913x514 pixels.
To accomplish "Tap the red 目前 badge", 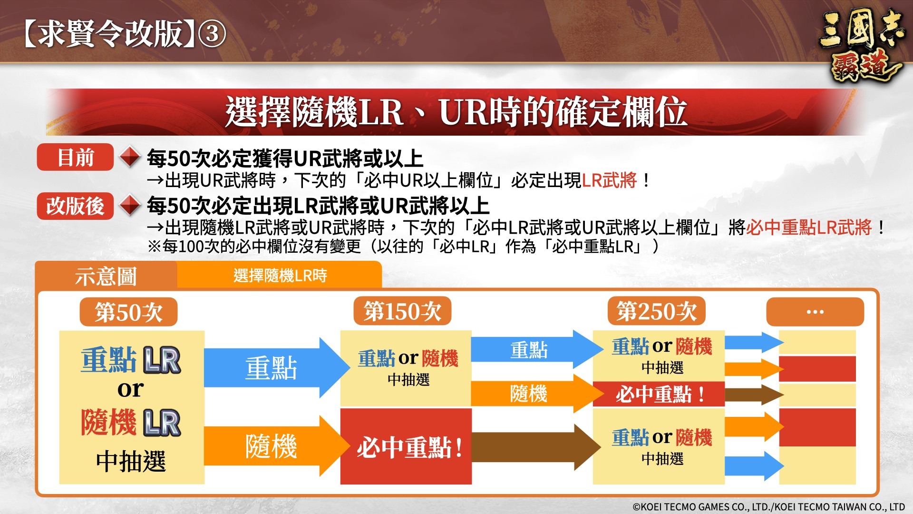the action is click(75, 157).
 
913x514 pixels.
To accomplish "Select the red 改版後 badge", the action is click(75, 206).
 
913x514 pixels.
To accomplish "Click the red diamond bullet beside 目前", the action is click(129, 157).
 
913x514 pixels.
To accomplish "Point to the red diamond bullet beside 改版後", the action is click(129, 206).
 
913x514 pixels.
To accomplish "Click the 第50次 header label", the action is click(128, 312).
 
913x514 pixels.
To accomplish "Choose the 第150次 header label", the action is click(402, 311).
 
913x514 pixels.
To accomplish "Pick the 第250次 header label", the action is click(656, 311).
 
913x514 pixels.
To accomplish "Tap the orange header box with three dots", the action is click(815, 312).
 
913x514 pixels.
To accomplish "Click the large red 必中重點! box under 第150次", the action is click(406, 446).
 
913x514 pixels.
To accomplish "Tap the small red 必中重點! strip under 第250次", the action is click(659, 394).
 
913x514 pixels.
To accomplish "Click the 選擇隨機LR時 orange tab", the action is click(280, 275).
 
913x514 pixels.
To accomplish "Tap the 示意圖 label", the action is click(106, 276).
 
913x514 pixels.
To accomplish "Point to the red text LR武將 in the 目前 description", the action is click(609, 180).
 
